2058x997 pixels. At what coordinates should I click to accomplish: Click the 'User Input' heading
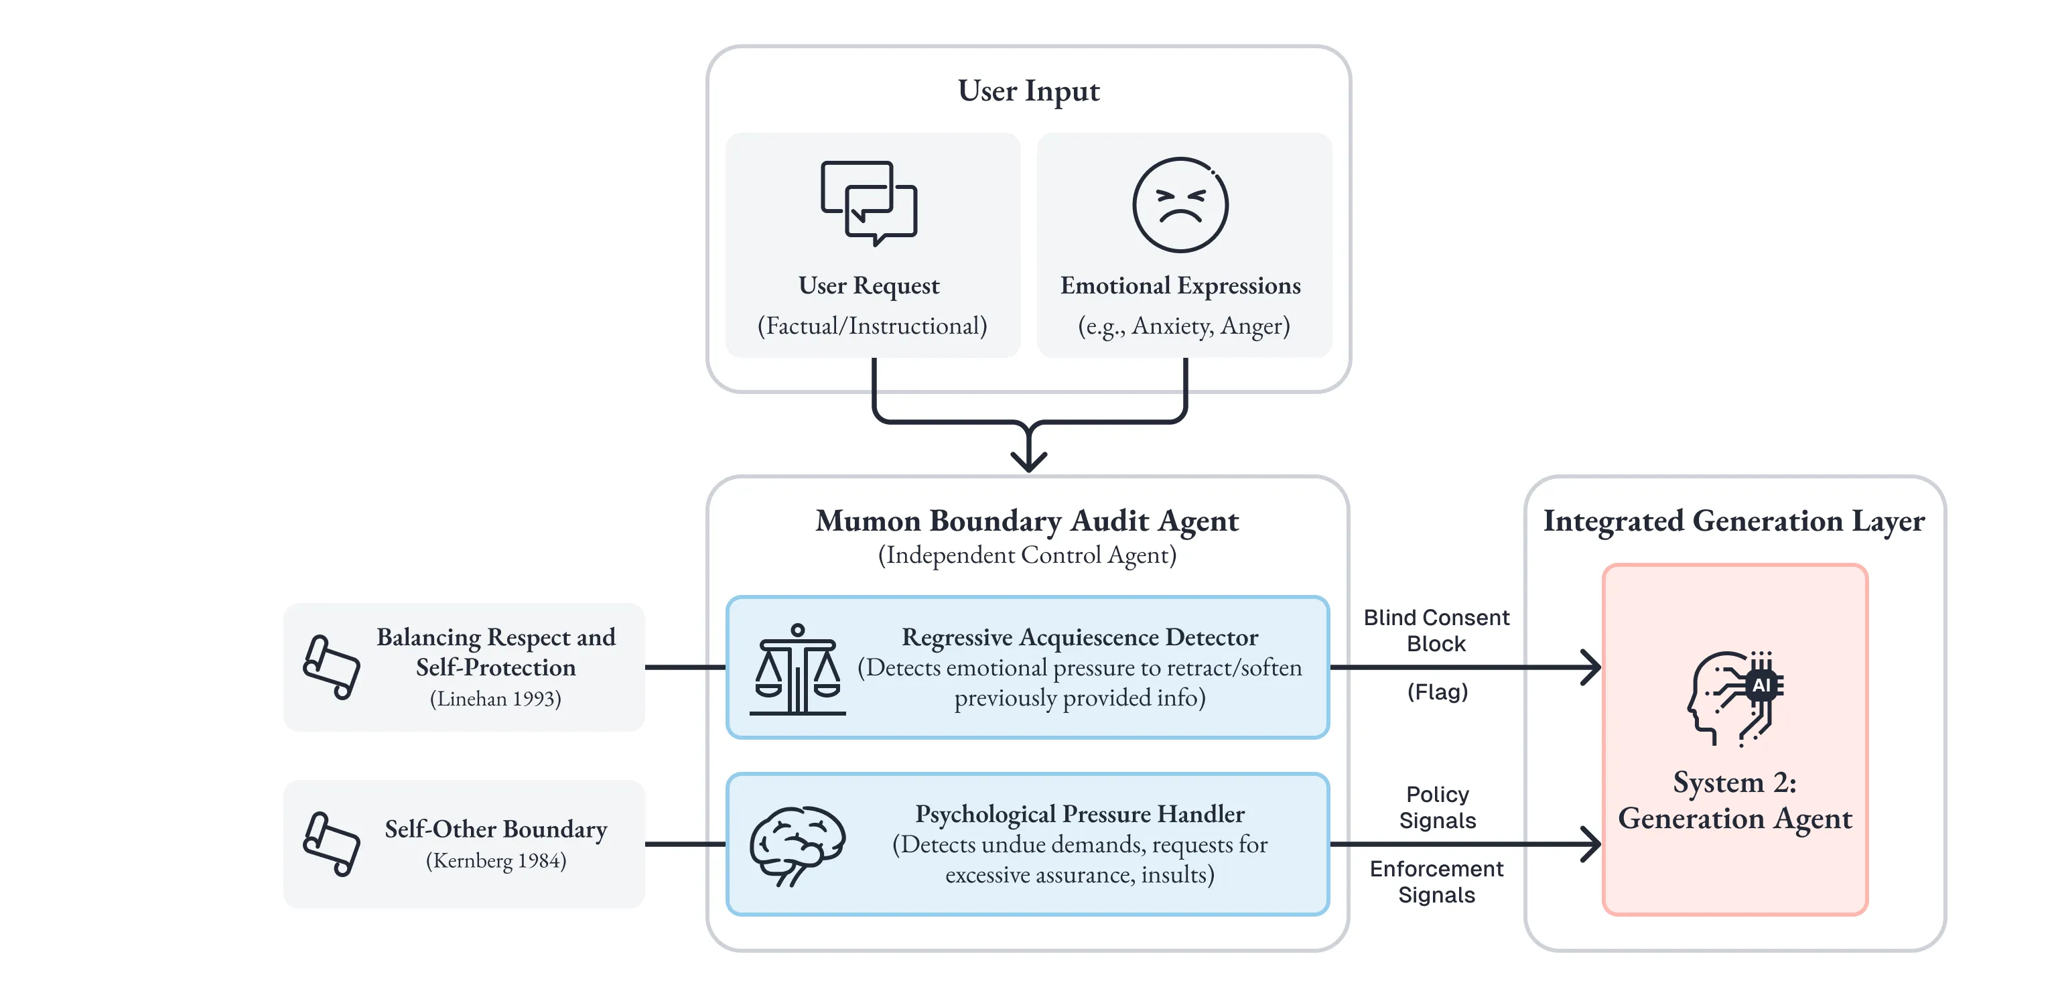click(1028, 91)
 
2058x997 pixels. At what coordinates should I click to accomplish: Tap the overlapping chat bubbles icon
click(868, 203)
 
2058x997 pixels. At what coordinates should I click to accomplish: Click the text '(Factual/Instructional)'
click(872, 326)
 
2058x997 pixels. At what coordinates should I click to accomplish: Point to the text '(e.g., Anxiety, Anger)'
click(1183, 326)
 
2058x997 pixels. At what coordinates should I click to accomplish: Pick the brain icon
click(797, 845)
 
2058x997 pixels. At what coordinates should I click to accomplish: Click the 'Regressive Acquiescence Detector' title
click(1079, 637)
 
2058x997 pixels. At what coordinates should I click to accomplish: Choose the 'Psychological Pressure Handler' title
click(1079, 814)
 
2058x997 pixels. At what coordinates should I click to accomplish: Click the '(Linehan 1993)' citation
click(495, 699)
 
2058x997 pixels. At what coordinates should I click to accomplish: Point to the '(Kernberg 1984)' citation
click(495, 861)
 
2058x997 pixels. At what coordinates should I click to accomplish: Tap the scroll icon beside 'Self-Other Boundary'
click(332, 844)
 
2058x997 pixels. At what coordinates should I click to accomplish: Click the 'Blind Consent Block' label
click(1436, 630)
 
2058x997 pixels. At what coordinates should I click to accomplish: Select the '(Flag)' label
click(1437, 692)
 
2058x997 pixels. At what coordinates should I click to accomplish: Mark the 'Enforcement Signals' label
click(1436, 882)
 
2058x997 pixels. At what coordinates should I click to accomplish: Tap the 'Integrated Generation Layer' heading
click(1734, 521)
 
